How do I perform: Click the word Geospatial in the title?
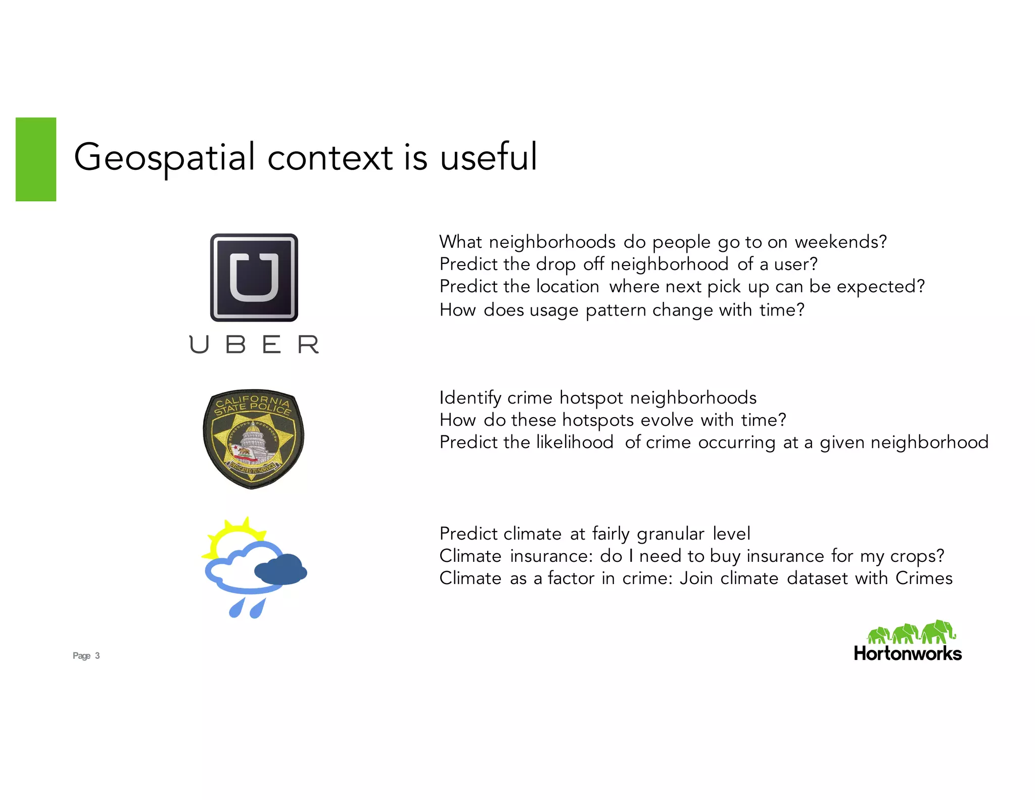[x=164, y=157]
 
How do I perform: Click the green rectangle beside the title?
[x=36, y=159]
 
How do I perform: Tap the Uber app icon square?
[x=254, y=277]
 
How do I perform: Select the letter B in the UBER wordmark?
[x=236, y=344]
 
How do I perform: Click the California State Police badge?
[x=253, y=438]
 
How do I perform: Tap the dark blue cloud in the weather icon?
[x=281, y=570]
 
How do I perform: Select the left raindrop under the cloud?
[x=236, y=608]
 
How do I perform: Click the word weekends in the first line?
[x=840, y=242]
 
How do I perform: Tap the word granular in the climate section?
[x=670, y=534]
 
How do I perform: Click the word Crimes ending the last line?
[x=923, y=579]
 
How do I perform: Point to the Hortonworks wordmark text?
[x=907, y=654]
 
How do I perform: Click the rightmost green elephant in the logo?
[x=938, y=631]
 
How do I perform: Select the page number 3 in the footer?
[x=98, y=656]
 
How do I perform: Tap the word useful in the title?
[x=488, y=157]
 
